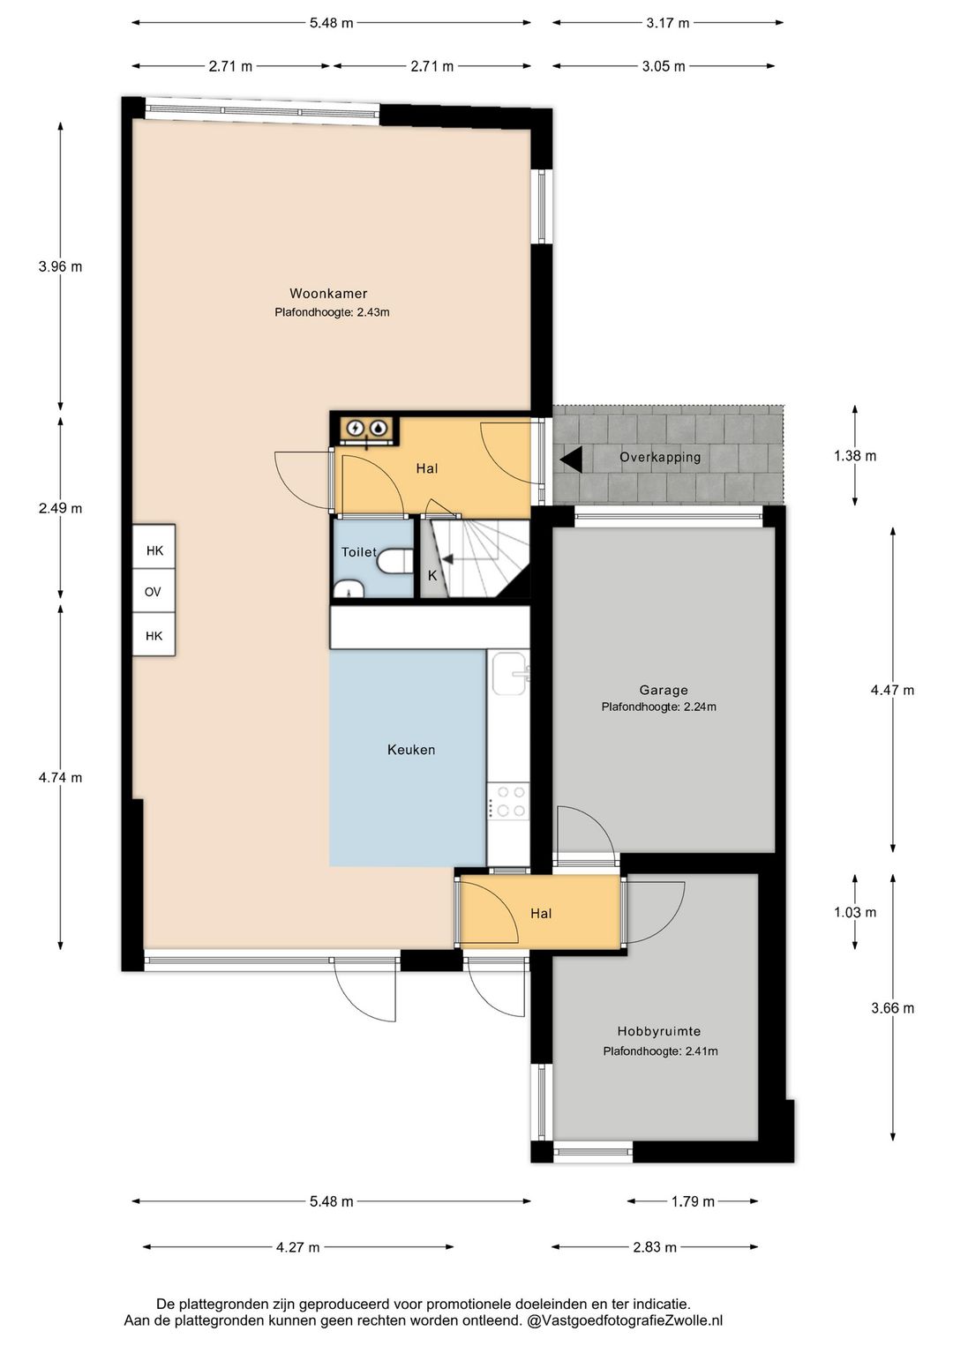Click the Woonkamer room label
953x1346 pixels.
328,294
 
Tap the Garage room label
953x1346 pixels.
664,690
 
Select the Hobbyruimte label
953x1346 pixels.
658,1031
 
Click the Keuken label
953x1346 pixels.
411,750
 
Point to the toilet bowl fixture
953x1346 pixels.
399,559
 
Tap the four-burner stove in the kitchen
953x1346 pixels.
509,801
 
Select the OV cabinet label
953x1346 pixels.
154,592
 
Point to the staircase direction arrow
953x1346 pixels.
447,558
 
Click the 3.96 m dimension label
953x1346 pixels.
60,266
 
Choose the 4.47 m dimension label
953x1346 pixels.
892,690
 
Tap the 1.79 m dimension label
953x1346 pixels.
693,1201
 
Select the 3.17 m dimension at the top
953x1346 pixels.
667,23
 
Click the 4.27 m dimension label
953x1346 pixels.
297,1247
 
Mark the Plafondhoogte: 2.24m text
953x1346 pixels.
658,707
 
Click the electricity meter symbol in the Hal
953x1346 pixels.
356,428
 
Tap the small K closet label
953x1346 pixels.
432,575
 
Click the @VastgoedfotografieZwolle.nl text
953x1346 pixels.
625,1320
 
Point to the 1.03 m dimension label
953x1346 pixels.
855,912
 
